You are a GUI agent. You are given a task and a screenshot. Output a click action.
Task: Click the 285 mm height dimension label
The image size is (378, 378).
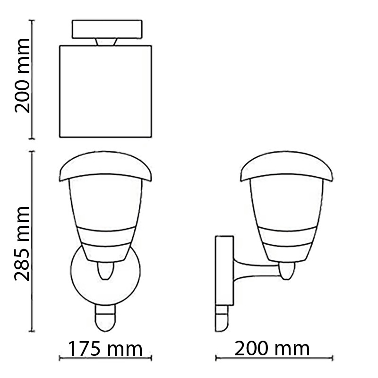pos(22,244)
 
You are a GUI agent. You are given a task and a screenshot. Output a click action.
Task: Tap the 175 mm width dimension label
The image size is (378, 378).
pos(105,349)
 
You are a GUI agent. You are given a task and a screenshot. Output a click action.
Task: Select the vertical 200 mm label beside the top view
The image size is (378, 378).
pos(22,76)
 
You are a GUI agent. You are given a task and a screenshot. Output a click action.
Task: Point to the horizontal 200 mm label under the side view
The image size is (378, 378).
pos(272,349)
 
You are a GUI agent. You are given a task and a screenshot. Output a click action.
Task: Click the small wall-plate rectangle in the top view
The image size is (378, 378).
pos(107,29)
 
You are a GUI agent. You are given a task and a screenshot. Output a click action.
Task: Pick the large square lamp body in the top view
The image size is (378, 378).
pos(105,91)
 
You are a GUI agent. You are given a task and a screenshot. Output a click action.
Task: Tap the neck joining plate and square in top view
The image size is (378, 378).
pos(106,42)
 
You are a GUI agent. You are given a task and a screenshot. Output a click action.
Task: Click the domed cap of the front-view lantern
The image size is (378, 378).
pos(105,166)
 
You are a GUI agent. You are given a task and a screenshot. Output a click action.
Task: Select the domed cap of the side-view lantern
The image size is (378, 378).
pos(287,166)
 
